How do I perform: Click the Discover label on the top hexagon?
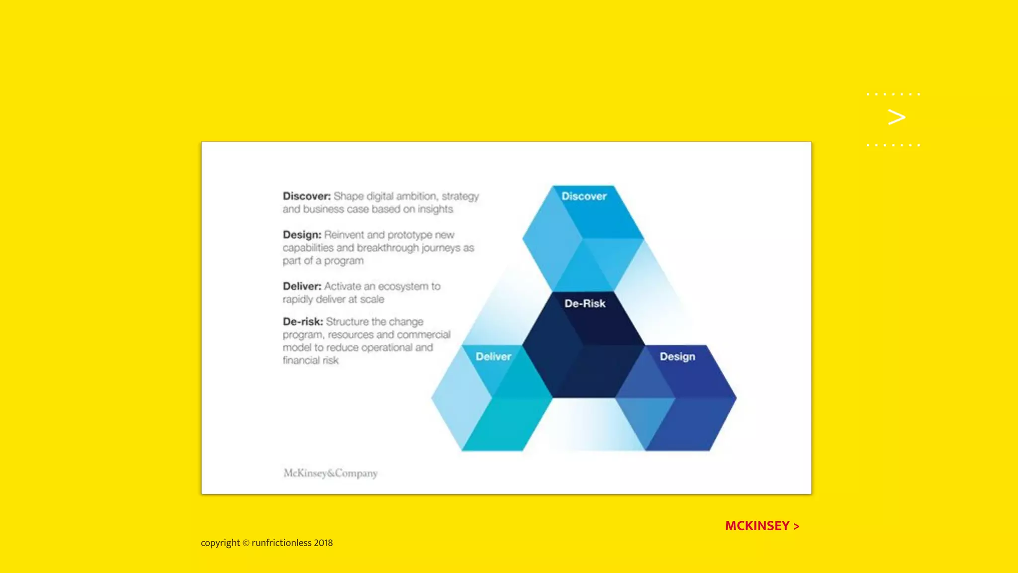(584, 196)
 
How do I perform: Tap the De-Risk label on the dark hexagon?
(585, 303)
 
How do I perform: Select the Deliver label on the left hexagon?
(493, 357)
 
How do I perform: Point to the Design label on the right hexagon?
(677, 357)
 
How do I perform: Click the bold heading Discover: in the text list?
(307, 196)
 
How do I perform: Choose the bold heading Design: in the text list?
(302, 235)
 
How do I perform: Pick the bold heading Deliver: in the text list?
(302, 286)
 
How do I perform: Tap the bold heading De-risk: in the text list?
(303, 322)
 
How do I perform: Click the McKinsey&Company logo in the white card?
(331, 473)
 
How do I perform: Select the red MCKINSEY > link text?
(762, 526)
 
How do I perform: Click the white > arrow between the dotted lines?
(896, 117)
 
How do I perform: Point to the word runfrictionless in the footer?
(281, 543)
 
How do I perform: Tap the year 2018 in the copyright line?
(323, 543)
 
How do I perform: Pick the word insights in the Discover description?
(435, 209)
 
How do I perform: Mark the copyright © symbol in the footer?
(246, 543)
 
